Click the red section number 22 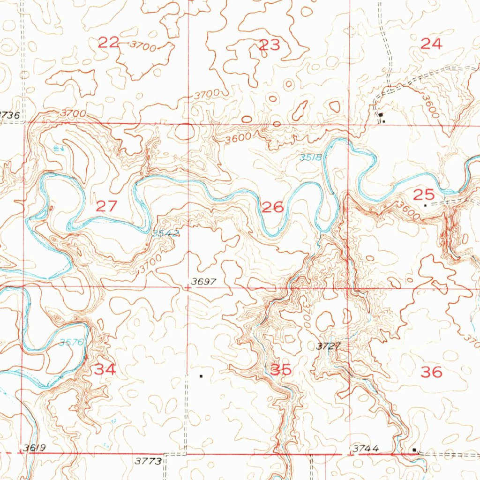108,43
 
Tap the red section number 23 270,45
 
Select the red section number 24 431,44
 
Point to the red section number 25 423,194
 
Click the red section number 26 272,207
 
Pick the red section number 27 106,205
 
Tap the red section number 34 105,369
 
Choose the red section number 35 281,370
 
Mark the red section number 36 431,372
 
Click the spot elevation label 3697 203,282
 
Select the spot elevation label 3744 365,449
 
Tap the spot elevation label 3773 149,461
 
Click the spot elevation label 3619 34,448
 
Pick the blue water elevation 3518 311,157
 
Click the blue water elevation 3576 71,343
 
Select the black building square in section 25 425,205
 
